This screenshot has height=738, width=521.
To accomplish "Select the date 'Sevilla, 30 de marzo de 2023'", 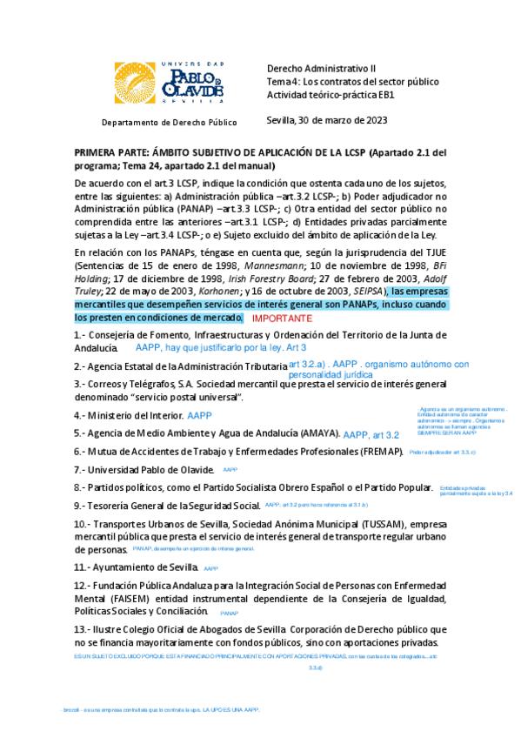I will pos(326,120).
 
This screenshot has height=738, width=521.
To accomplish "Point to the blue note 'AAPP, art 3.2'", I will pos(371,434).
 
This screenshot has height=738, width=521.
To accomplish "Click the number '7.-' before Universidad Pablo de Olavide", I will pos(82,470).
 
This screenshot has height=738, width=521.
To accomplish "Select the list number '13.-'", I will pos(85,628).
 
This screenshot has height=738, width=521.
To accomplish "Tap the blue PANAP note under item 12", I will pos(230,614).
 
